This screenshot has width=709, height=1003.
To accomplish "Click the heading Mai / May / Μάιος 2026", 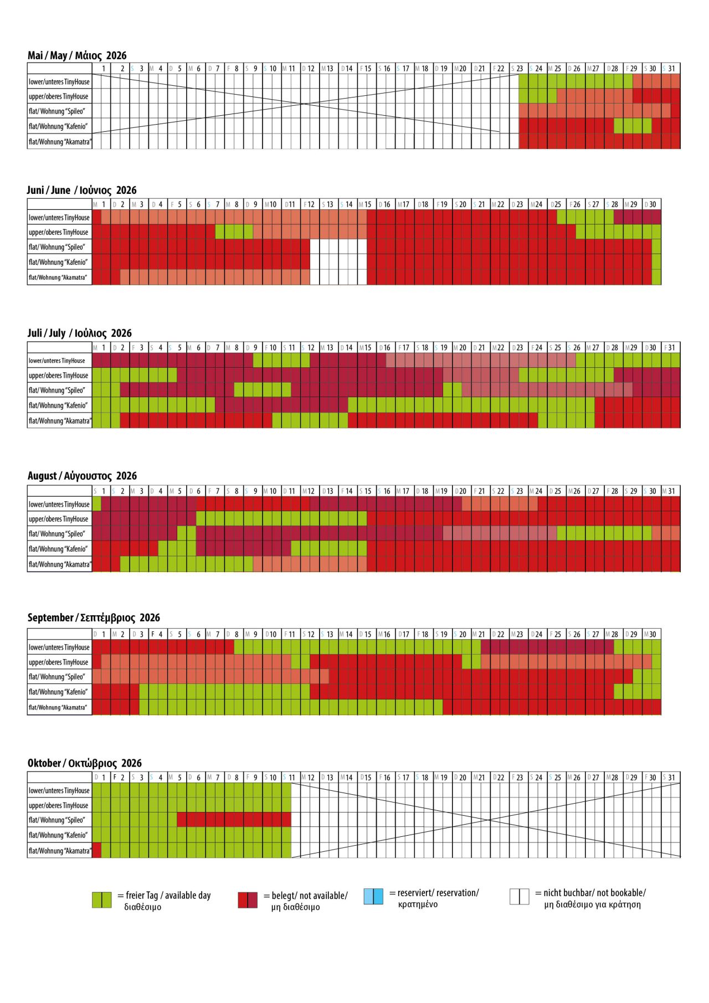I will tap(77, 55).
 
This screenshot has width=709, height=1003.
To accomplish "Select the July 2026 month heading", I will tap(80, 333).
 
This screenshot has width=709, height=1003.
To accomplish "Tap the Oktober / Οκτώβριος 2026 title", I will tap(84, 763).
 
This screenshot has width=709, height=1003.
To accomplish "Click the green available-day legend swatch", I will tap(101, 900).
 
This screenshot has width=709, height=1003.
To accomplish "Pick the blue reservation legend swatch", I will tap(373, 896).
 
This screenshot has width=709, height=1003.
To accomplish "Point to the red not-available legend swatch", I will tap(248, 900).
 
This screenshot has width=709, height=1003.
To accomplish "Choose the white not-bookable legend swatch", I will tap(519, 896).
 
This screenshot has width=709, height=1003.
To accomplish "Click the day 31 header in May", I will tap(671, 69).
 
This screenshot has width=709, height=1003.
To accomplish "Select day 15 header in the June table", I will tap(367, 204).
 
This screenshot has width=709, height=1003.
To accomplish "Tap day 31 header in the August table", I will tap(671, 491).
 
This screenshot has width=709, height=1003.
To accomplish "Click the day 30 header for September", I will tap(652, 634).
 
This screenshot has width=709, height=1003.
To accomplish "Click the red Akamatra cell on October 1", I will tap(96, 850).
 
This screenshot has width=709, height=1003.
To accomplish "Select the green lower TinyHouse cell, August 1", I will tap(96, 504).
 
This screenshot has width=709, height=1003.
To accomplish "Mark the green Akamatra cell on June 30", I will tap(656, 277).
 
